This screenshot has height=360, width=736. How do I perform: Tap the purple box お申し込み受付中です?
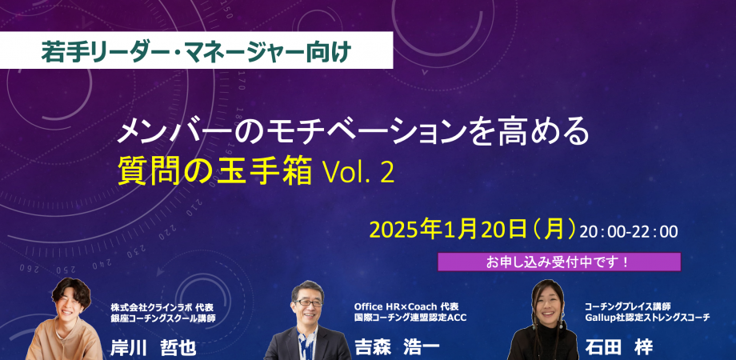(558, 262)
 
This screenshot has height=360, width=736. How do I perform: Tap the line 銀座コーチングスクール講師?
(163, 318)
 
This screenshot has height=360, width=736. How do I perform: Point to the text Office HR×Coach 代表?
(406, 306)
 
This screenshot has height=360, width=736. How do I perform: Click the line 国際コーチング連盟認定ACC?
(410, 318)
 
